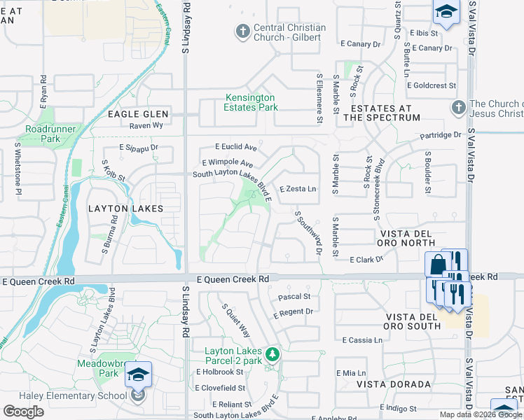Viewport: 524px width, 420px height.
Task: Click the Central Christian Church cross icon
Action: coord(242,31)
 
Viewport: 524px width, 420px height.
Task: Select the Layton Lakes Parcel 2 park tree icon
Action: coord(273,354)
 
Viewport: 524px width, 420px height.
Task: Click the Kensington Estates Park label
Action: coord(250,102)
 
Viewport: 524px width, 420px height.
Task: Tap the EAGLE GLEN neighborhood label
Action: coord(137,113)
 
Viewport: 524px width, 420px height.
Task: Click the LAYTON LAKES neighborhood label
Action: coord(125,209)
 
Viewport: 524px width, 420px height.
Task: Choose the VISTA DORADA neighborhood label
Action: coord(393,384)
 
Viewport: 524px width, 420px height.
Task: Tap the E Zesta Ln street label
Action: coord(298,189)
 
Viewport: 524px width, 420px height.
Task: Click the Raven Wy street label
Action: coord(146,125)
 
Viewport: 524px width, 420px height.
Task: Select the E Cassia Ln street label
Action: coord(363,339)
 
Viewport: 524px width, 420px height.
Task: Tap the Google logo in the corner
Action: coord(23,412)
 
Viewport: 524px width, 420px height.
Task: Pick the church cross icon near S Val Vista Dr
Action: coord(458,108)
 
